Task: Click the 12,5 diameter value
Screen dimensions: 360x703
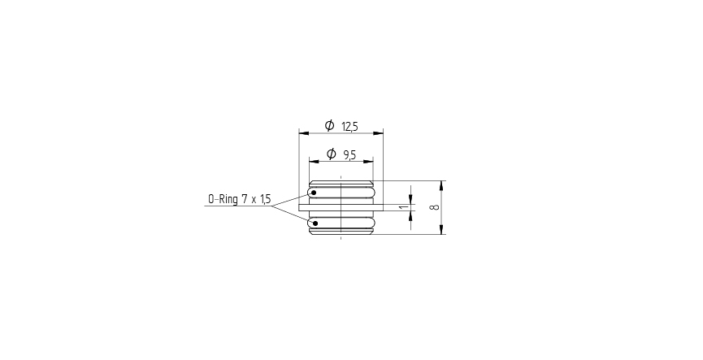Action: tap(350, 127)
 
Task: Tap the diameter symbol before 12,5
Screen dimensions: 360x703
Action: tap(329, 126)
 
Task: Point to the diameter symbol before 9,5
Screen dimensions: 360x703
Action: tap(331, 154)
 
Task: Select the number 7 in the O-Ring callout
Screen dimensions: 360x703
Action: tap(243, 199)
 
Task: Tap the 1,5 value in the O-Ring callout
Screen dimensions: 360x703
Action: tap(265, 199)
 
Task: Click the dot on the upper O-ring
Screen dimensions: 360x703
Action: tap(314, 193)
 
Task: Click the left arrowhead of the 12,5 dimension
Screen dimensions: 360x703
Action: tap(302, 132)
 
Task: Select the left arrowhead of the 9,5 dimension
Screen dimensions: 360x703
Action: tap(312, 161)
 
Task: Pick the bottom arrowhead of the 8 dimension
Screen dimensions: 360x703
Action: tap(441, 230)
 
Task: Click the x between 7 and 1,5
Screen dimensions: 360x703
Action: tap(253, 200)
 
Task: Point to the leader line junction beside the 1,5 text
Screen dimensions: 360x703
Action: tap(272, 206)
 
